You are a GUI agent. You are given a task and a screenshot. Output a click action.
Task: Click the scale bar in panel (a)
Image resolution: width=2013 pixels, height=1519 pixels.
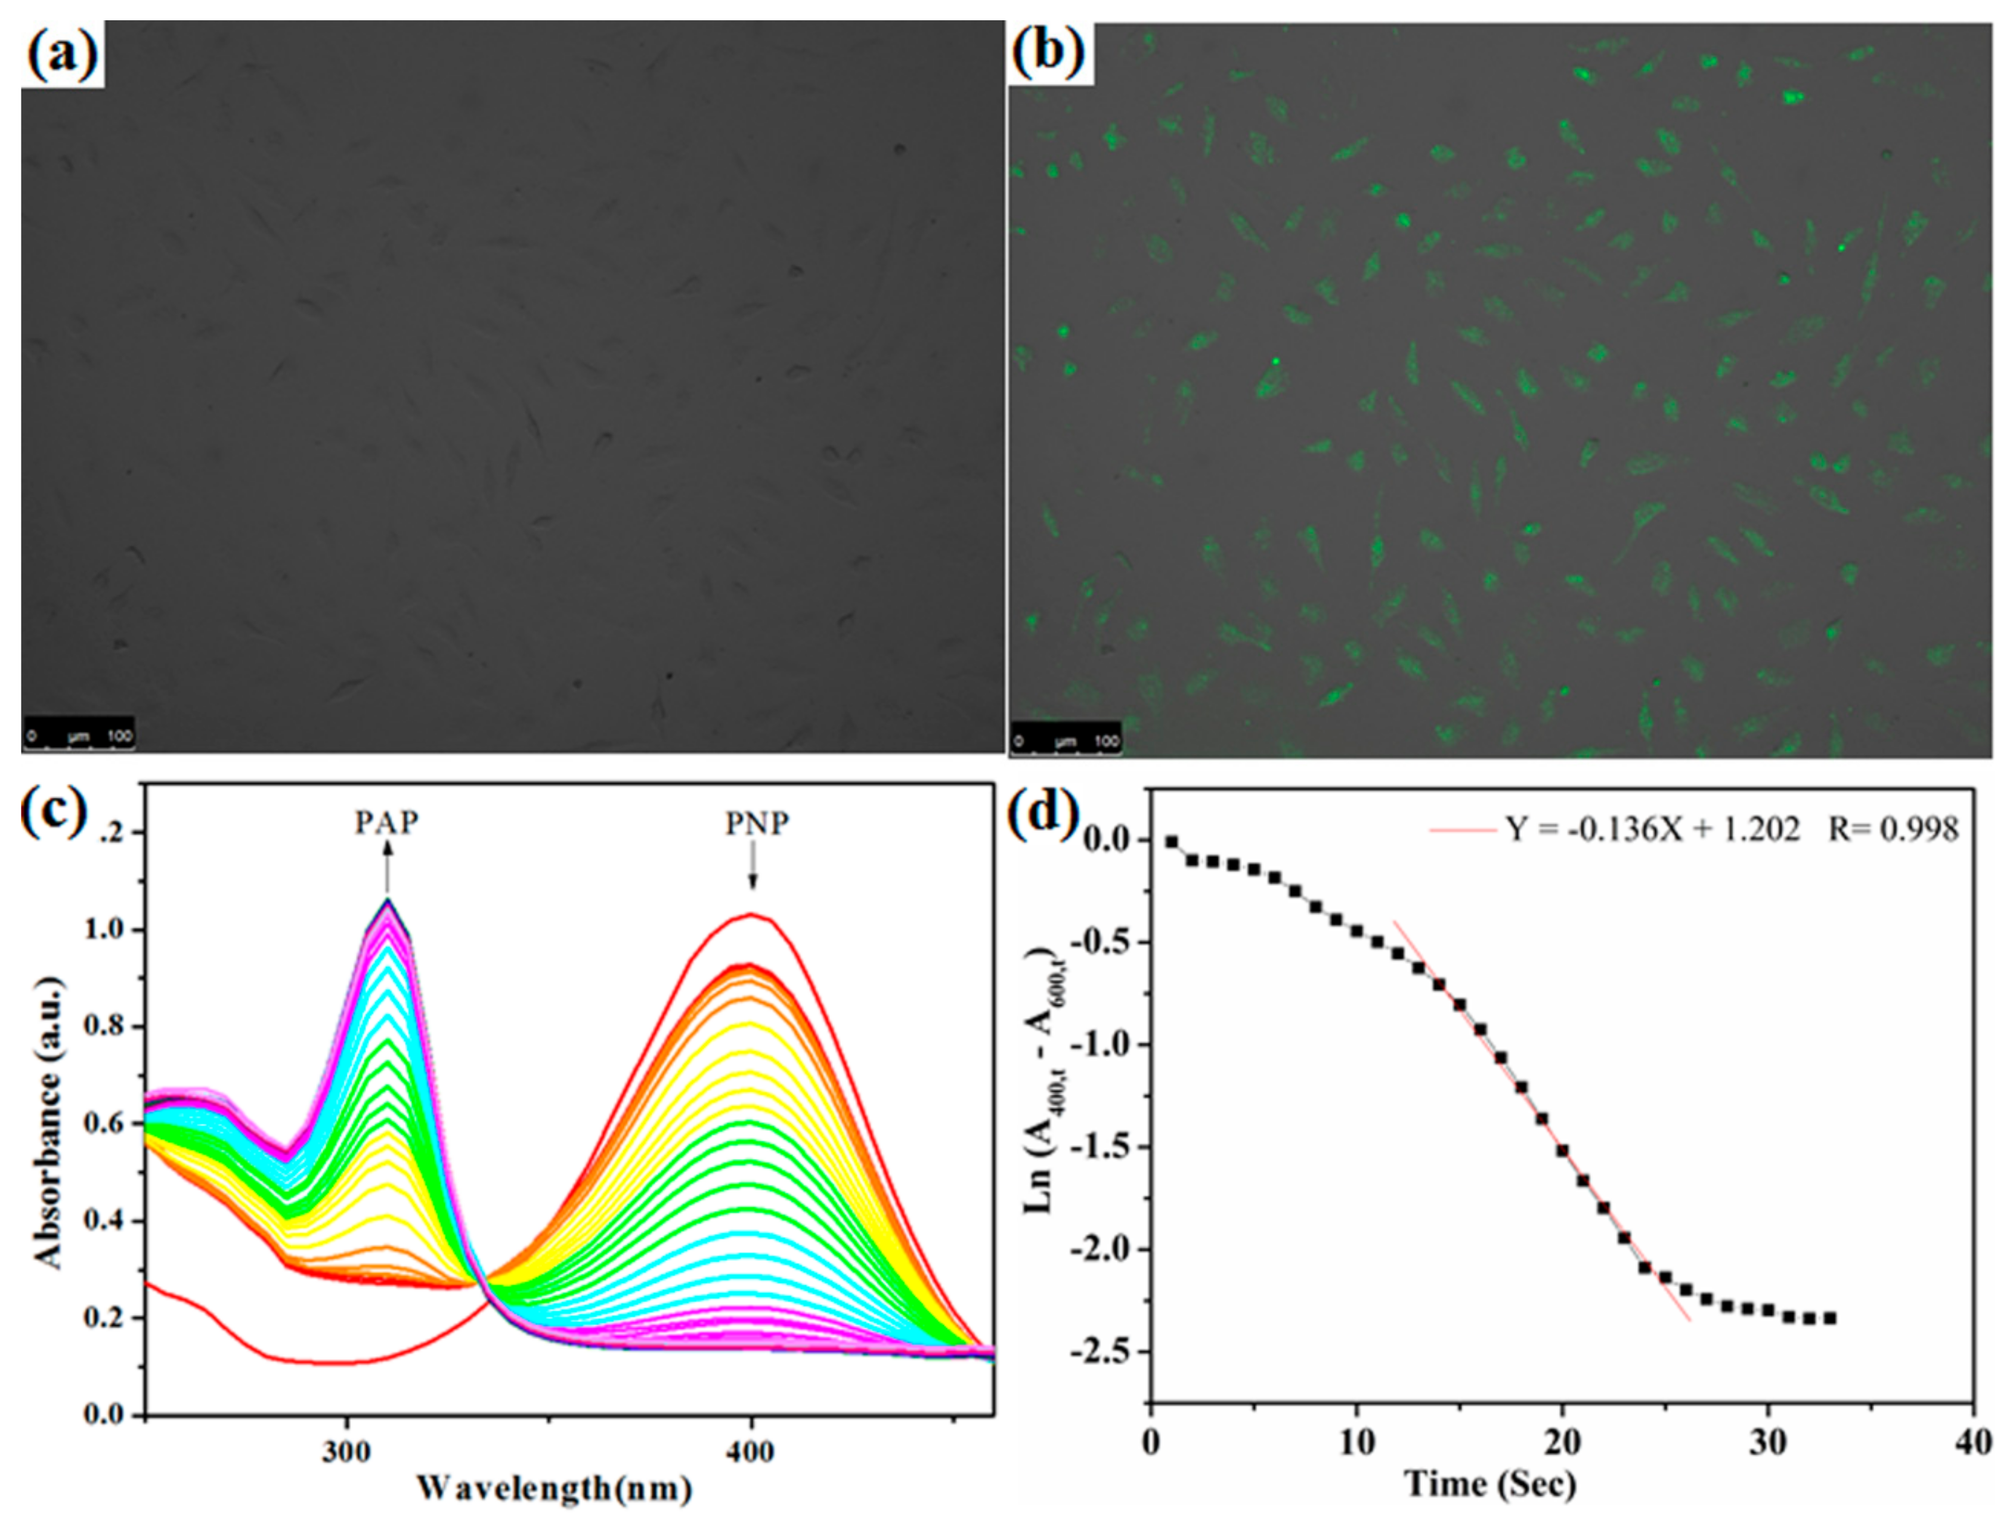click(79, 736)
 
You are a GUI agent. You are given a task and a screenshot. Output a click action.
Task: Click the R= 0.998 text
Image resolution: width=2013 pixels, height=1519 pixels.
click(1893, 829)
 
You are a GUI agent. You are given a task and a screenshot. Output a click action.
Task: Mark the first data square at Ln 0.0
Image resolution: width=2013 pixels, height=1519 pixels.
click(1171, 842)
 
